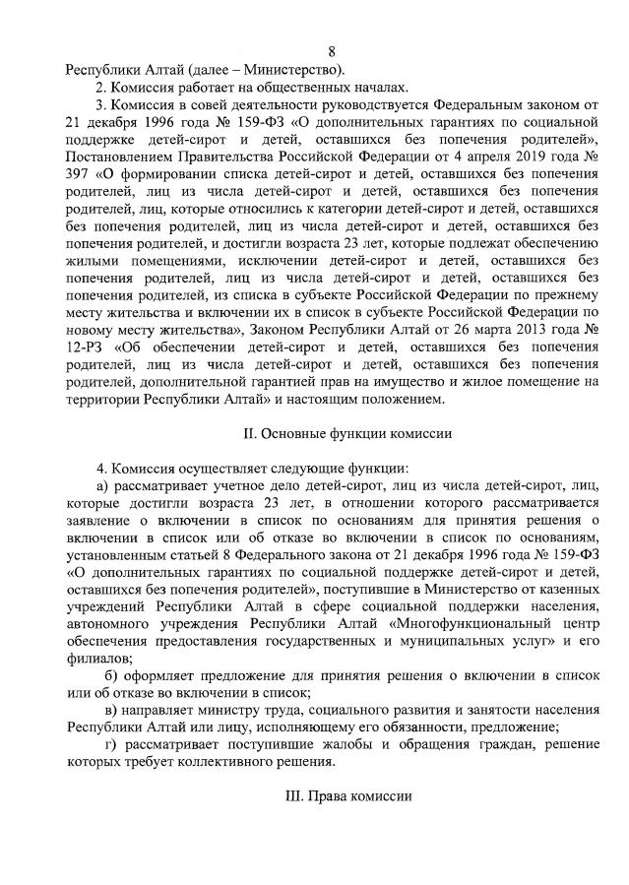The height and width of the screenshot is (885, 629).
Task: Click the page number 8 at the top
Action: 332,51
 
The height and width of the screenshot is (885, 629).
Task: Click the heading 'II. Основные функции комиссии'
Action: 332,433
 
